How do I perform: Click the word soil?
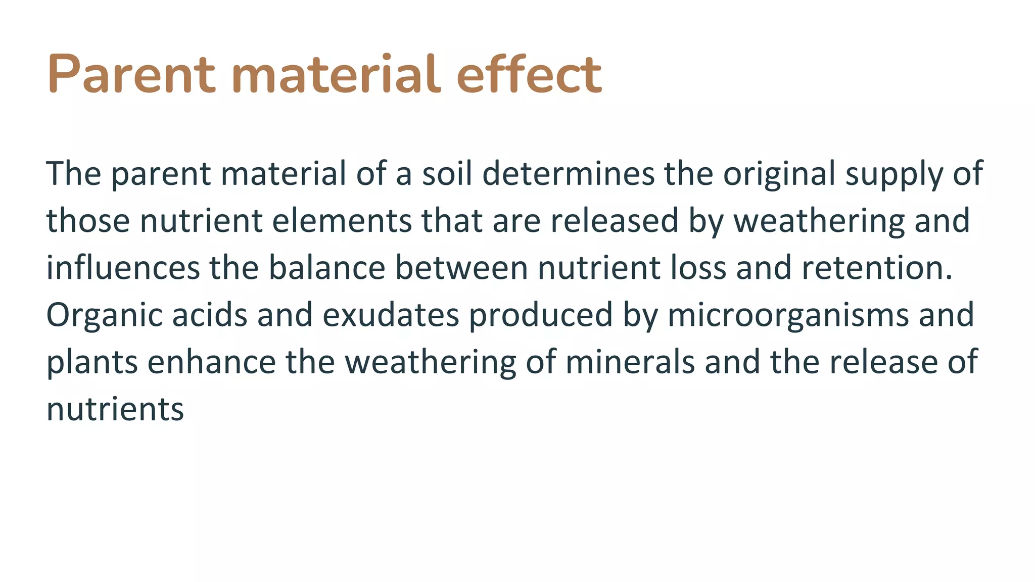pos(447,173)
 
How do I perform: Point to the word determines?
pos(568,173)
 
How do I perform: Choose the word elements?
pos(342,221)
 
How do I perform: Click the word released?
pos(614,221)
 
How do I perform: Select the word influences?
pos(123,268)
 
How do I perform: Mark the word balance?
pos(326,268)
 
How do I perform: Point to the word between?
pos(461,268)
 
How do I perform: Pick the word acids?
pos(210,315)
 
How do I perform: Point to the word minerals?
pos(630,362)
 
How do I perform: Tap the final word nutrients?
pos(115,409)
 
